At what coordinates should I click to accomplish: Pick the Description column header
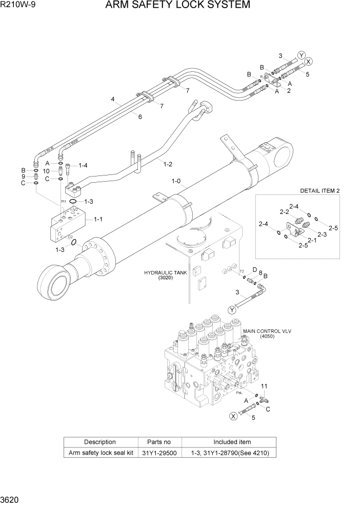pos(100,442)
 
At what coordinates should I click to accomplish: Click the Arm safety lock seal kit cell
pos(100,453)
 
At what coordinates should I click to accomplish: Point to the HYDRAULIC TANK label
pos(165,273)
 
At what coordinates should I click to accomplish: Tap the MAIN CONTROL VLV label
pos(267,331)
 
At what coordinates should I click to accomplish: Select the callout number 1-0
pos(176,181)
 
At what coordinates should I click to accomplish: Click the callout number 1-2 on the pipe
pos(167,164)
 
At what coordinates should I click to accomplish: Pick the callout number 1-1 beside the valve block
pos(97,219)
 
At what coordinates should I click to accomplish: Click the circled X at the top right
pos(308,61)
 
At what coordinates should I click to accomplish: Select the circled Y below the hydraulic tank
pos(232,309)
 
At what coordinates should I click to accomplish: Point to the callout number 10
pos(46,171)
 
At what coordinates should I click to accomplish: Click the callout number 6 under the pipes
pos(139,116)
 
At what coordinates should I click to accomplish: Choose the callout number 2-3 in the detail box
pos(322,234)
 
